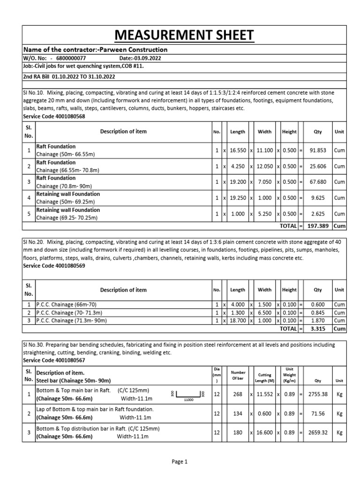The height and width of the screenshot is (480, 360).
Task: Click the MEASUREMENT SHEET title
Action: [x=180, y=35]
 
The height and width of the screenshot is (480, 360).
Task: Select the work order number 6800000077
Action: [x=71, y=58]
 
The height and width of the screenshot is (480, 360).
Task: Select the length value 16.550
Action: [x=237, y=150]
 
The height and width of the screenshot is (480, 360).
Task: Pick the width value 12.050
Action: [x=264, y=166]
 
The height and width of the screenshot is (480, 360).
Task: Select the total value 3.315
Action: [x=318, y=329]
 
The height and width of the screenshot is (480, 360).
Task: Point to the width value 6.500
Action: [x=264, y=313]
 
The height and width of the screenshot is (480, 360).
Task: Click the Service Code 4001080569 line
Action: [x=54, y=265]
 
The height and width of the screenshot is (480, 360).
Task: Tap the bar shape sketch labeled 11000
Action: [x=188, y=395]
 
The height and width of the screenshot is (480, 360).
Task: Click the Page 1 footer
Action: [x=180, y=462]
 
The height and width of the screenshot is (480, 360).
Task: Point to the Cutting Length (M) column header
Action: [x=264, y=376]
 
